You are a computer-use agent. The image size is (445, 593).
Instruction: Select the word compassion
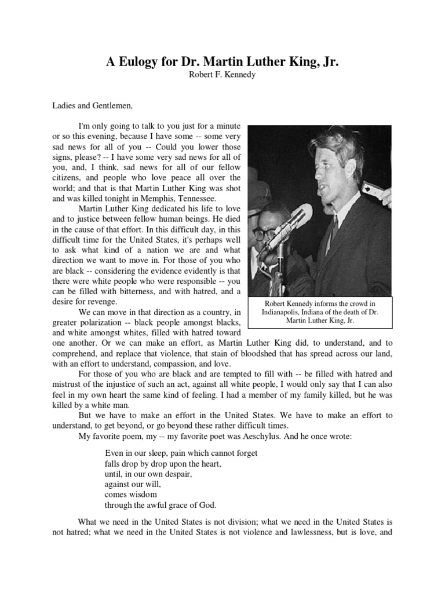coord(176,364)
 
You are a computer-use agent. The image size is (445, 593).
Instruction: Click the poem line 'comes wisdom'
coord(131,494)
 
